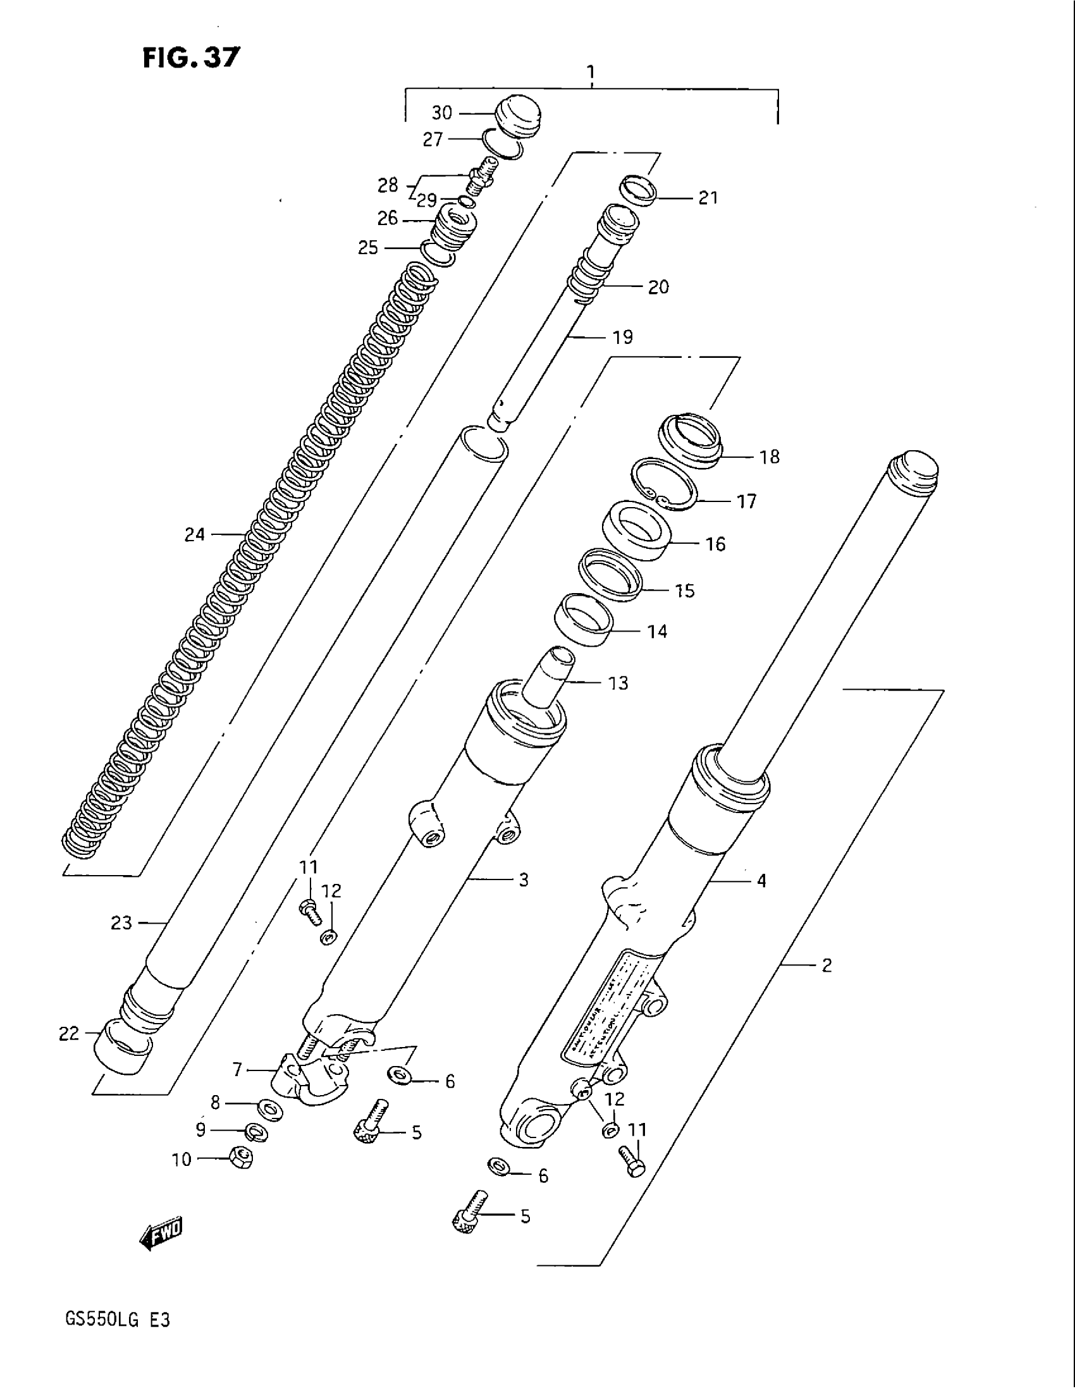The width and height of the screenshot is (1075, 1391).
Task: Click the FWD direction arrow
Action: (161, 1235)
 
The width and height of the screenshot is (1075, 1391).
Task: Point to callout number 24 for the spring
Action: (194, 535)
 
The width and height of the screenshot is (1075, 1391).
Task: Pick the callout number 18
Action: (770, 457)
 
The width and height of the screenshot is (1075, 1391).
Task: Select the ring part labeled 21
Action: (637, 189)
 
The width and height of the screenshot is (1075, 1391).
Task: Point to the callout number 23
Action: (121, 922)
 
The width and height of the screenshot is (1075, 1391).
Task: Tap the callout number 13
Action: (618, 683)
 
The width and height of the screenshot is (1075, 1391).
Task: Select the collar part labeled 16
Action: (636, 530)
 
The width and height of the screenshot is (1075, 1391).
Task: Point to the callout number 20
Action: (658, 287)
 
